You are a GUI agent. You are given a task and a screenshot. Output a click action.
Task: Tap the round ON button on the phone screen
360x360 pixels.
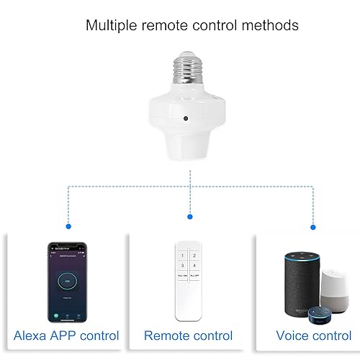tap(67, 279)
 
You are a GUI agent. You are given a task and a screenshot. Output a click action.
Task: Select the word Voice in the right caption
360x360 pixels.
tap(293, 336)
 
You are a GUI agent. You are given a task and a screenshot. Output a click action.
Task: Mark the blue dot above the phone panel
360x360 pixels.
tap(68, 226)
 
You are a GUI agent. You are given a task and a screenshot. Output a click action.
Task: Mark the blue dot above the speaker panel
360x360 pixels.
tap(312, 228)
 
